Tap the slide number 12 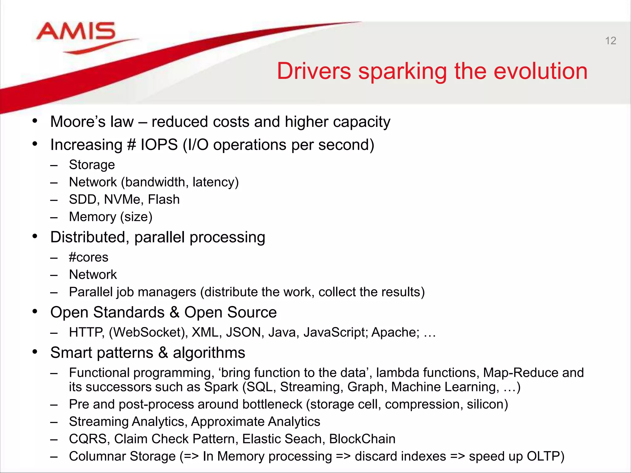point(610,41)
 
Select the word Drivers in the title point(314,71)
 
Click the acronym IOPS point(159,145)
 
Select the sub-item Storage point(92,165)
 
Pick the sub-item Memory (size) point(111,217)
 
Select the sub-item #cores point(88,257)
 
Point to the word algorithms point(209,353)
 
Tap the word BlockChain point(362,439)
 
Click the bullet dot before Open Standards point(35,312)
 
